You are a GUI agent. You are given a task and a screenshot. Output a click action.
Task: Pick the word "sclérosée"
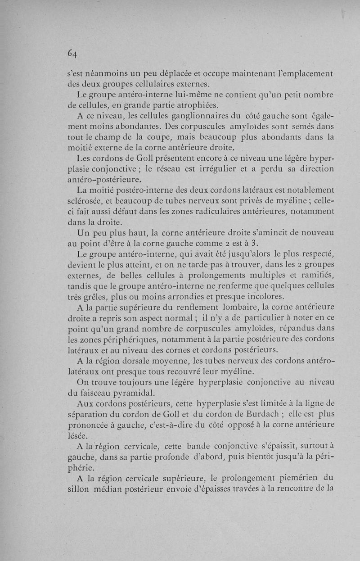click(x=88, y=200)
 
